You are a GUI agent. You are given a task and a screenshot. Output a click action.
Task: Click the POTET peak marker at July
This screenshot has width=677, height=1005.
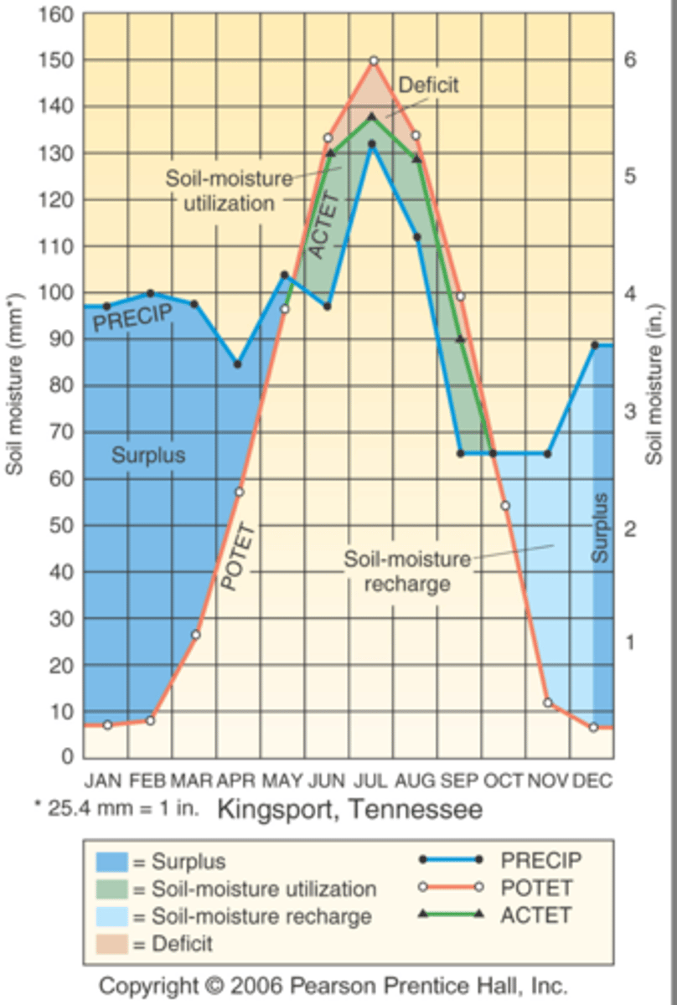(374, 60)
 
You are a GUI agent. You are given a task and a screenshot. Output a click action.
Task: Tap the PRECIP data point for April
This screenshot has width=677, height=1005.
(238, 364)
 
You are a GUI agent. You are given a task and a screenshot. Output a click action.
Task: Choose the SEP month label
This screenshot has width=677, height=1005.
(459, 781)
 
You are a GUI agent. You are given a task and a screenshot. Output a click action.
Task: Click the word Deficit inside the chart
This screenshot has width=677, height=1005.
(428, 85)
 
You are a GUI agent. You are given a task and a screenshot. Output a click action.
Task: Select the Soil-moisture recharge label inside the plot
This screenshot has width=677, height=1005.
(407, 572)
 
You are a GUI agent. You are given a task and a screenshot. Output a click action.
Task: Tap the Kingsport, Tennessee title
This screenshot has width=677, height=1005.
(350, 810)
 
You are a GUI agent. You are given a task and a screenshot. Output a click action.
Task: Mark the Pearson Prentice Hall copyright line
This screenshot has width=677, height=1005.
(333, 985)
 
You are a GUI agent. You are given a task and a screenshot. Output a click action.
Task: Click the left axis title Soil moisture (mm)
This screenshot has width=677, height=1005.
(14, 384)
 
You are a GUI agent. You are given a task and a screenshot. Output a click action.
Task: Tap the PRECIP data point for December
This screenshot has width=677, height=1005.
(594, 345)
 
